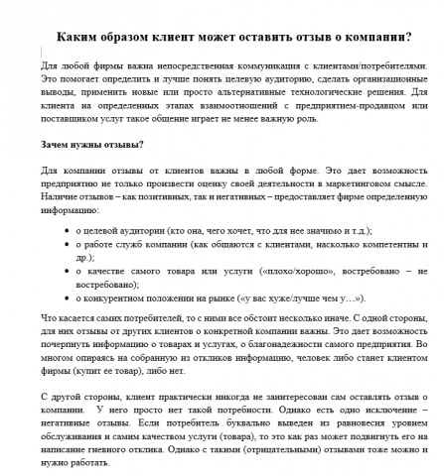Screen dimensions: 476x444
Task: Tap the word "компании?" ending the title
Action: [373, 39]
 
